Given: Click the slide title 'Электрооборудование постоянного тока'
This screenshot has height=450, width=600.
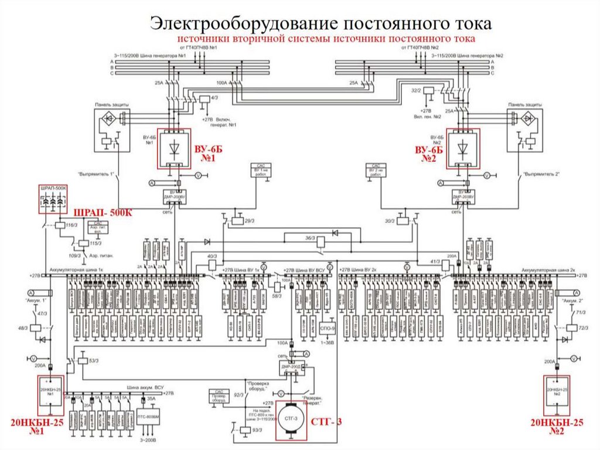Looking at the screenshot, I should (321, 23).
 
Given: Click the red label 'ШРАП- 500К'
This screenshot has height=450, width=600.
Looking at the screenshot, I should (101, 212).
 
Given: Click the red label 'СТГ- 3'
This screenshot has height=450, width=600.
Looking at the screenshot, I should (326, 421).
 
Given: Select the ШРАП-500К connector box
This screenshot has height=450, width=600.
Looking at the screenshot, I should (53, 201).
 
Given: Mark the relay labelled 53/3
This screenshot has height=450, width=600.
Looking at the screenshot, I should (83, 360).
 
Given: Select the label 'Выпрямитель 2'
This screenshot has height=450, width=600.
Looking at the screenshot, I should (542, 174).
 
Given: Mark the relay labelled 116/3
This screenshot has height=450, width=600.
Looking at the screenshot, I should (60, 225).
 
